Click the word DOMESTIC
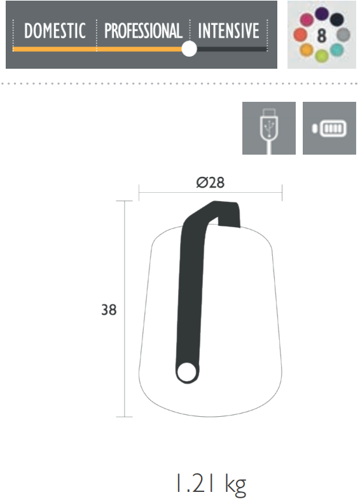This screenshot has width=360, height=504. pyautogui.click(x=55, y=31)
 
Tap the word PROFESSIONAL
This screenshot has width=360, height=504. pyautogui.click(x=143, y=31)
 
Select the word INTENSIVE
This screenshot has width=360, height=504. pyautogui.click(x=228, y=31)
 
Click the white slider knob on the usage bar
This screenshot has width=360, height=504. pyautogui.click(x=189, y=49)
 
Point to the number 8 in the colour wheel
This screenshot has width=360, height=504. pyautogui.click(x=321, y=36)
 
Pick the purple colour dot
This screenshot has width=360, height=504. pyautogui.click(x=322, y=14)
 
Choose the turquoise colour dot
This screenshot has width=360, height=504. pyautogui.click(x=337, y=50)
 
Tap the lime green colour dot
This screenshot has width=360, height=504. pyautogui.click(x=321, y=56)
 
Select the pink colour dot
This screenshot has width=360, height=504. pyautogui.click(x=307, y=20)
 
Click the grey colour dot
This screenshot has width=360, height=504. pyautogui.click(x=343, y=34)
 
